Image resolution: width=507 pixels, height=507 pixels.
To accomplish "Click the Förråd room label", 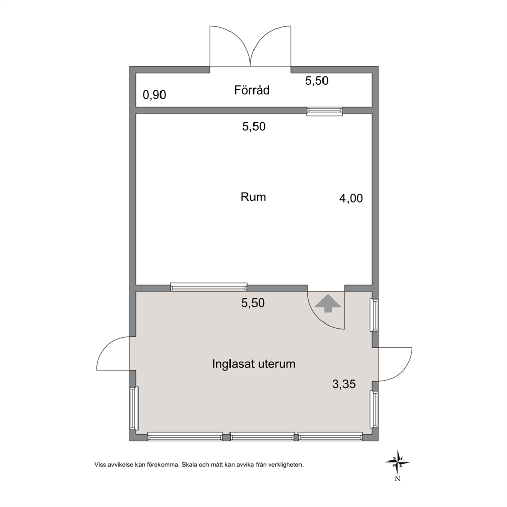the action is click(251, 90).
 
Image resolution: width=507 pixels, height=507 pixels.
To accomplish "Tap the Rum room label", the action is click(253, 197).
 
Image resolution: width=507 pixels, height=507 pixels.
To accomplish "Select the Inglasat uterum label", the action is click(254, 364).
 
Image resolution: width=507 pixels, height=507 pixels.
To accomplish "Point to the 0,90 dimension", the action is click(154, 95).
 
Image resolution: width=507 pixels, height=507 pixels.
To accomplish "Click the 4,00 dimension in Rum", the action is click(351, 198).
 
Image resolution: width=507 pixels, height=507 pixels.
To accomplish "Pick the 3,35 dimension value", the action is click(344, 384).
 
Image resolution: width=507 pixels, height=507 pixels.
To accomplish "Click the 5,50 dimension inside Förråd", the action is click(316, 81).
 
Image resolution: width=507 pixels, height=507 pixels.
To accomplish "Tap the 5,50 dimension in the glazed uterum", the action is click(253, 303).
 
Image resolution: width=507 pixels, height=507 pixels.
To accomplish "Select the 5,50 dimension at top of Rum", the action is click(254, 126).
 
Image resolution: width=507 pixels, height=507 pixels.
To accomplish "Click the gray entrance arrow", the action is click(328, 303).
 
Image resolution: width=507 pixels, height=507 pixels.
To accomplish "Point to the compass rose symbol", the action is click(398, 463).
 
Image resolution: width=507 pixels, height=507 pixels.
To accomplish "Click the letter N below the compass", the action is click(398, 479).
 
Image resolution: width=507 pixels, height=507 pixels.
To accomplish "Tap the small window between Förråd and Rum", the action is click(325, 111).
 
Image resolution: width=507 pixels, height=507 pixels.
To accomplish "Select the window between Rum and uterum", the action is click(209, 287).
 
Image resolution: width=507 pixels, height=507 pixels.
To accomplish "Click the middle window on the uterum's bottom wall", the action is click(262, 437).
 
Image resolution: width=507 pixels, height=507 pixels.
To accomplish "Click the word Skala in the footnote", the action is click(188, 465).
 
